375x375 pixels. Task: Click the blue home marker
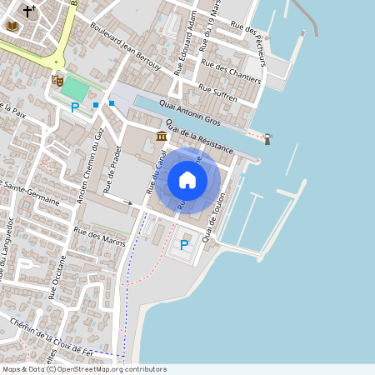(187, 180)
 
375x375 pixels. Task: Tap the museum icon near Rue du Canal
(161, 136)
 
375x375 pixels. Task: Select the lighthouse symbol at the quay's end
(267, 138)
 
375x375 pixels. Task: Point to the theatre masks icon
(57, 80)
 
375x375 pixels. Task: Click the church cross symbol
(30, 11)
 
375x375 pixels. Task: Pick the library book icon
(12, 27)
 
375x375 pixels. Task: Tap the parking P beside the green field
(75, 107)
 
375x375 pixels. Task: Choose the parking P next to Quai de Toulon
(184, 245)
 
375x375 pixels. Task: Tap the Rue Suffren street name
(217, 92)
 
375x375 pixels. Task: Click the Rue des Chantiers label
(231, 73)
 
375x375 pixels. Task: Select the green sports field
(74, 87)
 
